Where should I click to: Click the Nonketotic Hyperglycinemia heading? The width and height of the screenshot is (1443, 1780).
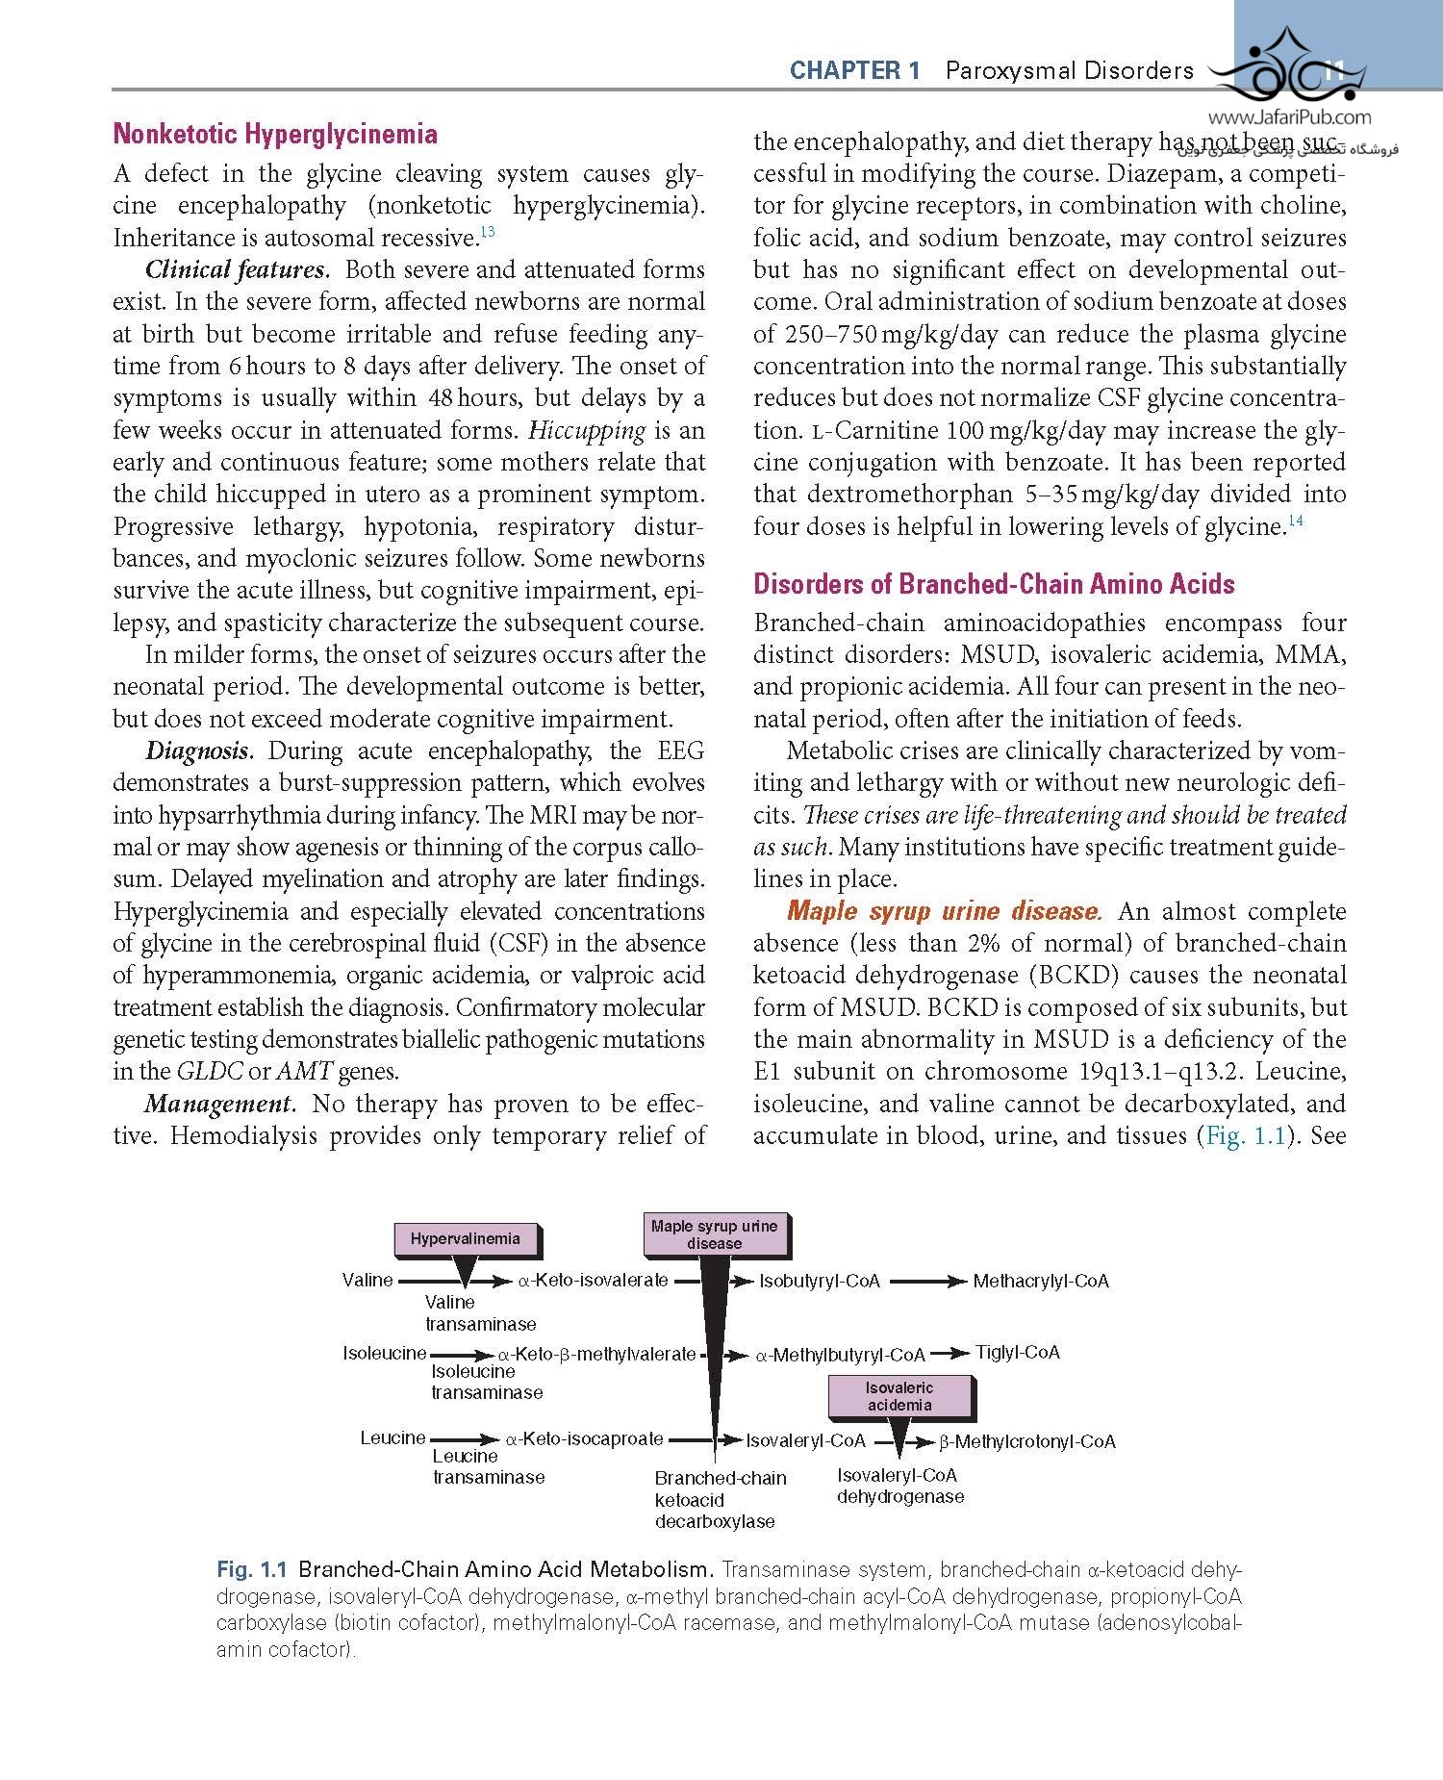[275, 134]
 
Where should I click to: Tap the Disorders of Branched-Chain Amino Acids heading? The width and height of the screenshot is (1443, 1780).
[994, 584]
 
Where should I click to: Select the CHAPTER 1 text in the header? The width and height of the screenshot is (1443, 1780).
[854, 70]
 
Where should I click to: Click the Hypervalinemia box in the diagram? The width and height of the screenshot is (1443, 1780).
[466, 1239]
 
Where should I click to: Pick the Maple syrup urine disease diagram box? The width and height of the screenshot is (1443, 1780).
[714, 1234]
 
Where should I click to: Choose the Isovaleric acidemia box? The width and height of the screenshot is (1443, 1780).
[899, 1397]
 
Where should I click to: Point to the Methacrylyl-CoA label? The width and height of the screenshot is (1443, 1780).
[1041, 1282]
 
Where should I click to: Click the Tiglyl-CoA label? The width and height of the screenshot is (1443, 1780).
[1018, 1353]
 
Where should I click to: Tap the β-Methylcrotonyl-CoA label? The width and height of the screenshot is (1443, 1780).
[1027, 1441]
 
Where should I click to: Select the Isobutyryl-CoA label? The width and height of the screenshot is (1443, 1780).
[820, 1282]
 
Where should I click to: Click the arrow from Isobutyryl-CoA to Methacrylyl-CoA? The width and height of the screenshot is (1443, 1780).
[926, 1282]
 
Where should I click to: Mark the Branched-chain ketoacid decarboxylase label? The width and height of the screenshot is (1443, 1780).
[720, 1499]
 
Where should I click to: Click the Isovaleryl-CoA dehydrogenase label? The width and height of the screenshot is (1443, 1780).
[899, 1486]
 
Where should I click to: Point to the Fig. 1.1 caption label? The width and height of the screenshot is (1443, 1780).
[252, 1569]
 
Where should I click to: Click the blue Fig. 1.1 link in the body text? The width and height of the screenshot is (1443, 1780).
[1246, 1136]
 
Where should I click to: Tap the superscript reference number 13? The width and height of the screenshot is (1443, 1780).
[488, 232]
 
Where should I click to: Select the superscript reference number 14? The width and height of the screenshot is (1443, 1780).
[1295, 521]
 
